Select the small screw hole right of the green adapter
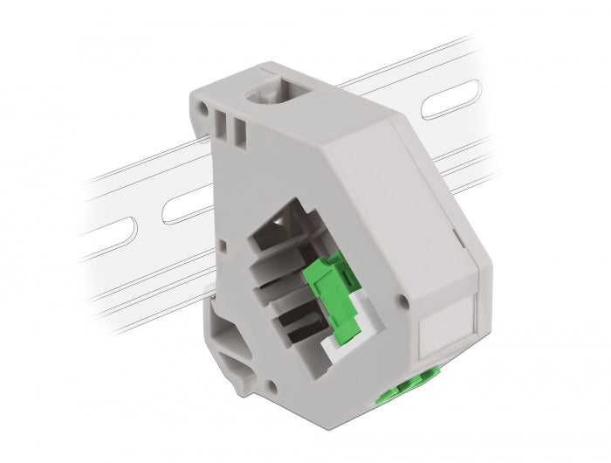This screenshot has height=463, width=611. (x=402, y=303)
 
